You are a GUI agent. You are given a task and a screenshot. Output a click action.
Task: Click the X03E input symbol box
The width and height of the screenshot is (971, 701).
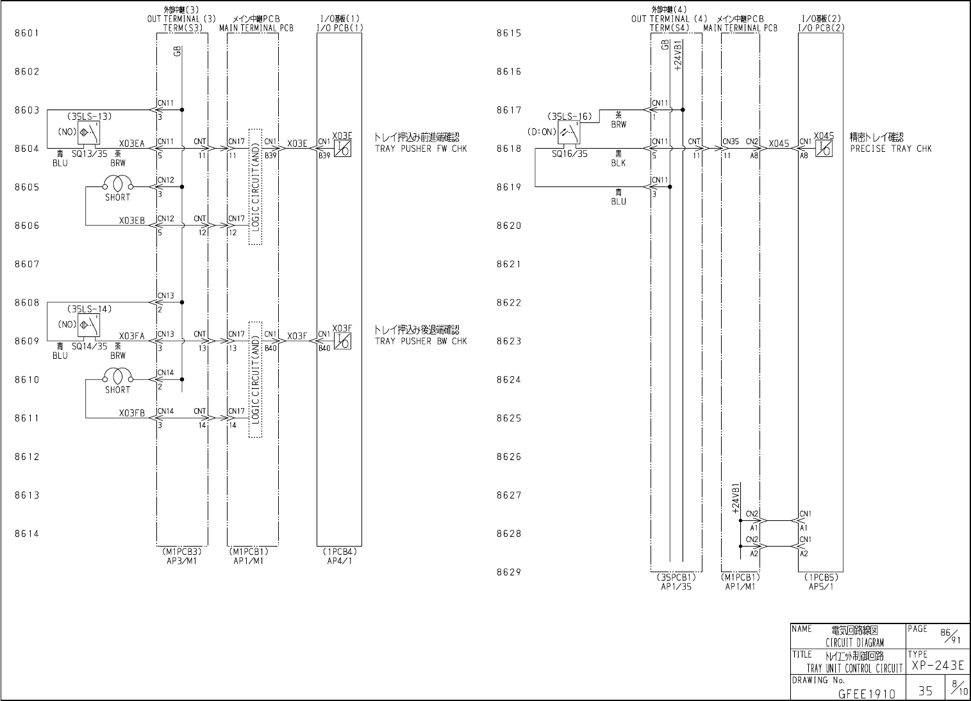coord(342,149)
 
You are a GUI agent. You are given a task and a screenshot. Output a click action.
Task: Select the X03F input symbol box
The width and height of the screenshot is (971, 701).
coord(342,342)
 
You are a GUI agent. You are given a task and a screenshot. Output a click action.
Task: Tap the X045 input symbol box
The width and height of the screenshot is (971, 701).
coord(823,149)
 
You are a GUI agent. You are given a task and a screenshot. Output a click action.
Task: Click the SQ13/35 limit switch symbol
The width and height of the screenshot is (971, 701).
coord(88,133)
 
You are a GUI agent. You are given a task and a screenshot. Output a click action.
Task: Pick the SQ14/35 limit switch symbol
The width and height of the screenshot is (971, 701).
coord(88,325)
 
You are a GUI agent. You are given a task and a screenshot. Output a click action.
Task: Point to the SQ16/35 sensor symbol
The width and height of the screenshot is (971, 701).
coord(568,133)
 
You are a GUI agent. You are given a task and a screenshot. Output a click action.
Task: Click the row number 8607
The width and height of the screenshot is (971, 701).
coord(27,264)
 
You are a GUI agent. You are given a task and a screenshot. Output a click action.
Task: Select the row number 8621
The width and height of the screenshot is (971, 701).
coord(509,264)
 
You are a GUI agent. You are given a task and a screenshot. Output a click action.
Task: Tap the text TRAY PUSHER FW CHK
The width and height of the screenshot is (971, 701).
coord(420,149)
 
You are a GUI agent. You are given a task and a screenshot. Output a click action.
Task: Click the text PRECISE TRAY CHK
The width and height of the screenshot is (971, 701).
coord(891,149)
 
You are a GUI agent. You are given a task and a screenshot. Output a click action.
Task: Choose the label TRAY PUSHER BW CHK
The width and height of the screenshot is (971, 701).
coord(420,342)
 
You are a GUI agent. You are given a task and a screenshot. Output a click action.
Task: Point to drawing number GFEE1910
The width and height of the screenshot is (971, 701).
coord(867,693)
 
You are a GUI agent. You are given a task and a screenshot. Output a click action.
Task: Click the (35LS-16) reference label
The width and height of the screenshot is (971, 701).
coord(568,117)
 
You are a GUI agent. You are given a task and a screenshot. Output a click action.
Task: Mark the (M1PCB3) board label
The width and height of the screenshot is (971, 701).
coord(182,551)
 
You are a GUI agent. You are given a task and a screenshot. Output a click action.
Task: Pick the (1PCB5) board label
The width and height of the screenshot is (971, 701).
coord(820,577)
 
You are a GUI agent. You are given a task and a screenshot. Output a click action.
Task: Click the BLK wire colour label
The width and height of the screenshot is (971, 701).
coord(618,163)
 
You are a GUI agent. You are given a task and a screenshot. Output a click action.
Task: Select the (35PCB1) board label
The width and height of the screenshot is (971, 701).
coord(676,577)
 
